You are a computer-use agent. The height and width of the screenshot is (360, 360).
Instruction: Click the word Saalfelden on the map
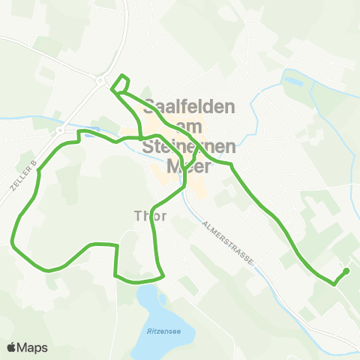point(189,106)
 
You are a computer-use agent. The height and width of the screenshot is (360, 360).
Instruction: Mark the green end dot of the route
point(346,271)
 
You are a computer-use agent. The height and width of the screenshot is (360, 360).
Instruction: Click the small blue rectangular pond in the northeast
point(292,77)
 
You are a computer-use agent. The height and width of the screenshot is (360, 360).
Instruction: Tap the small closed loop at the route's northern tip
point(121,83)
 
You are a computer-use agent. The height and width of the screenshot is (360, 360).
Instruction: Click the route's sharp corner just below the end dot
point(334,283)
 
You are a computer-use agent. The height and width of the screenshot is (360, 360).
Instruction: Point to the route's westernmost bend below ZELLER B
point(13,242)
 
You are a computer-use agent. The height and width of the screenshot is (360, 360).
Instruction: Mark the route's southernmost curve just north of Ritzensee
point(139,282)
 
